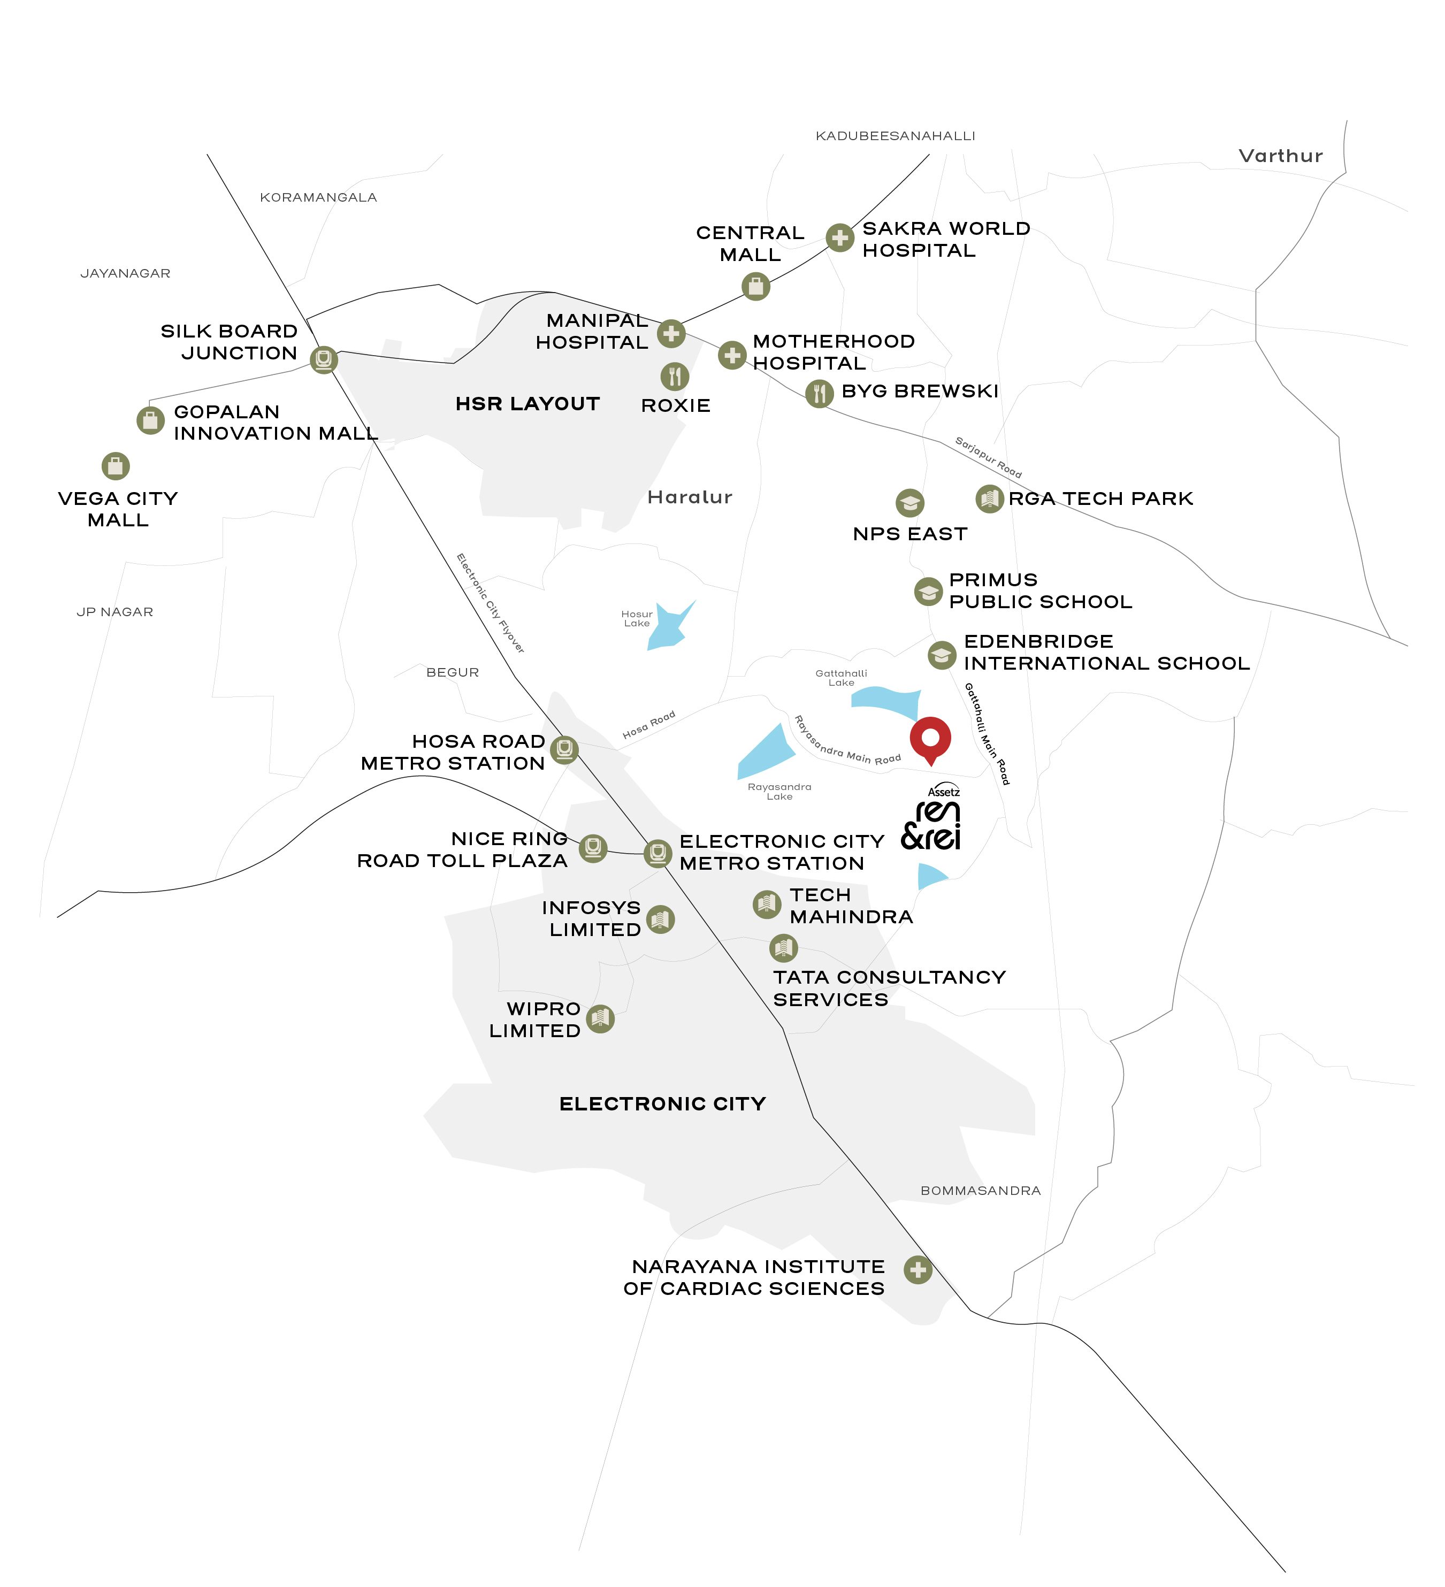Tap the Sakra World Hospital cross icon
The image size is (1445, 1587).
click(839, 237)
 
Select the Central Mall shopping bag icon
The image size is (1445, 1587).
click(755, 287)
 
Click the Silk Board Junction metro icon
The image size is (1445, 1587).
click(323, 360)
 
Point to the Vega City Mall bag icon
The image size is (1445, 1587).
click(116, 466)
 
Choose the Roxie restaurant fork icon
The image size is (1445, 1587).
click(675, 376)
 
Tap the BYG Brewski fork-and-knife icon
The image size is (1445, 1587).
click(819, 393)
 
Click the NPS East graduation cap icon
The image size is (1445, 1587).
click(909, 502)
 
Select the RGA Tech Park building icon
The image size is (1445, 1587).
click(989, 499)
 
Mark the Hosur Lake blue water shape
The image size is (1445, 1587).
click(669, 626)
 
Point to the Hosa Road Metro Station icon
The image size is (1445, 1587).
click(564, 749)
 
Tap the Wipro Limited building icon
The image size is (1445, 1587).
click(600, 1018)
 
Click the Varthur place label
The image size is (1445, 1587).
click(1280, 156)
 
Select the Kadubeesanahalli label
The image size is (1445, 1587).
click(896, 136)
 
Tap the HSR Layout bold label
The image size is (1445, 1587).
click(527, 404)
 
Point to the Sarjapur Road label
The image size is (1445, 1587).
click(988, 457)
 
